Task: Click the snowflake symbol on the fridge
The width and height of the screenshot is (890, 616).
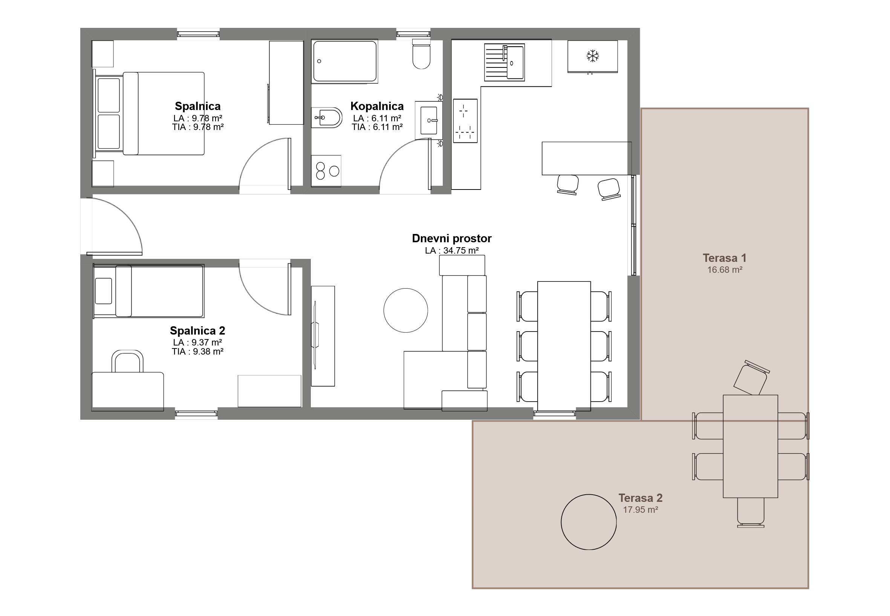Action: (592, 56)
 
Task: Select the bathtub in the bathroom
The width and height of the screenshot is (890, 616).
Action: (345, 61)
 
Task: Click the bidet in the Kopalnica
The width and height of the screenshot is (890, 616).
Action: (327, 117)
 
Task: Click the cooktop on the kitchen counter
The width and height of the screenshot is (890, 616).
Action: (465, 121)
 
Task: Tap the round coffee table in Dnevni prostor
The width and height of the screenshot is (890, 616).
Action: (406, 310)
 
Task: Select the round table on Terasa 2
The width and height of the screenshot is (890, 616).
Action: (589, 522)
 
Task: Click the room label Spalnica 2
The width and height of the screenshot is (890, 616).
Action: (197, 331)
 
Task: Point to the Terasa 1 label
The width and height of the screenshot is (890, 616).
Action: (725, 258)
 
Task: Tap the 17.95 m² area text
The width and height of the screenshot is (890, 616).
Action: (640, 509)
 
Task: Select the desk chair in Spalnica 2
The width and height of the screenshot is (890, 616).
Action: (127, 361)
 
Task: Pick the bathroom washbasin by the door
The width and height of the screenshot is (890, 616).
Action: (428, 120)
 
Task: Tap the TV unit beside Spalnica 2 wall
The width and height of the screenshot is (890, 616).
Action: (323, 336)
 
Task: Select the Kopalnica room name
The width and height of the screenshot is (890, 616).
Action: (377, 106)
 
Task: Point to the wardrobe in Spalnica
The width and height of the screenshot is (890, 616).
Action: (286, 83)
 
